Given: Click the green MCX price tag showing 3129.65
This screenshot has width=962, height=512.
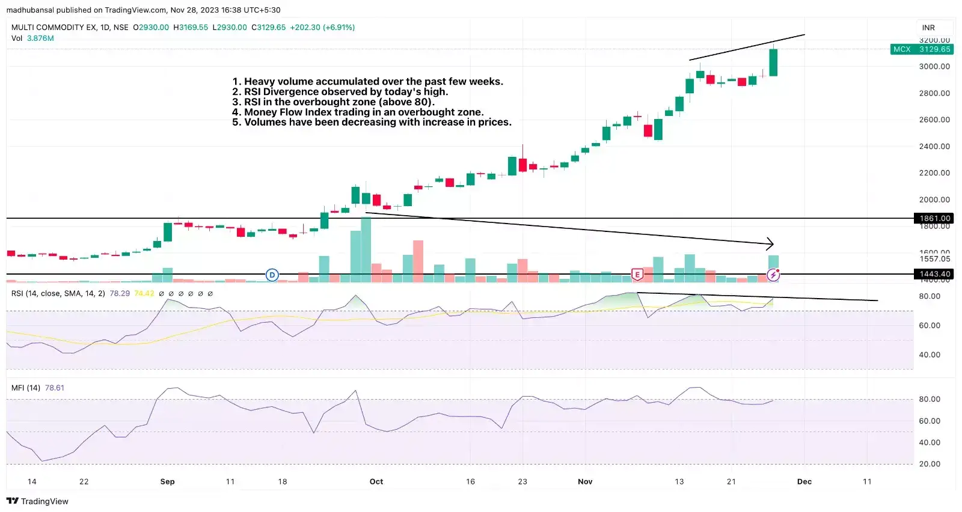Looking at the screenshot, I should [922, 49].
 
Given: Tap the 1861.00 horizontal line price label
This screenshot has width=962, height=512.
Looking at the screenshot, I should [934, 218].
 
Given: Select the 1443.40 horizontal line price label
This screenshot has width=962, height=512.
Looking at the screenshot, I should [934, 274].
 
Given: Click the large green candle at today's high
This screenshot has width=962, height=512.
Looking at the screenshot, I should [773, 62].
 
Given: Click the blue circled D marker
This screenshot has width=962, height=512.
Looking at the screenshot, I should [272, 275].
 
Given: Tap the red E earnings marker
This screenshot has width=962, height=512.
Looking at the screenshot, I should [637, 275].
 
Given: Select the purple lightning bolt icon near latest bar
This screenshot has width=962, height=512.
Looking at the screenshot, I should [773, 276].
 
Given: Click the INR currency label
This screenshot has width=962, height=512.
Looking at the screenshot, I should [928, 28].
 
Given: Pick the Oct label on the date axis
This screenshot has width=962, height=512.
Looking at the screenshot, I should [376, 481].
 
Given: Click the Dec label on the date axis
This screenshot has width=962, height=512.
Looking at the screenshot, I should [804, 481].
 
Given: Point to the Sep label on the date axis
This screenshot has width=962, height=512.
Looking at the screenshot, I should [167, 481].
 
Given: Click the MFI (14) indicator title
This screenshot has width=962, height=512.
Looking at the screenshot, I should [26, 388].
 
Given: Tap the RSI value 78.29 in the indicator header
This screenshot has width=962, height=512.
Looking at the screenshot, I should [120, 293].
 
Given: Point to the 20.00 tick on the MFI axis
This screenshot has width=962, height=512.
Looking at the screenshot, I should [930, 464].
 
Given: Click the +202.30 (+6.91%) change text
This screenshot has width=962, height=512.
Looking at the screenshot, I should [322, 27].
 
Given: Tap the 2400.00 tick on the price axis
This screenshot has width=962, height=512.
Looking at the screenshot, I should [934, 146].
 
